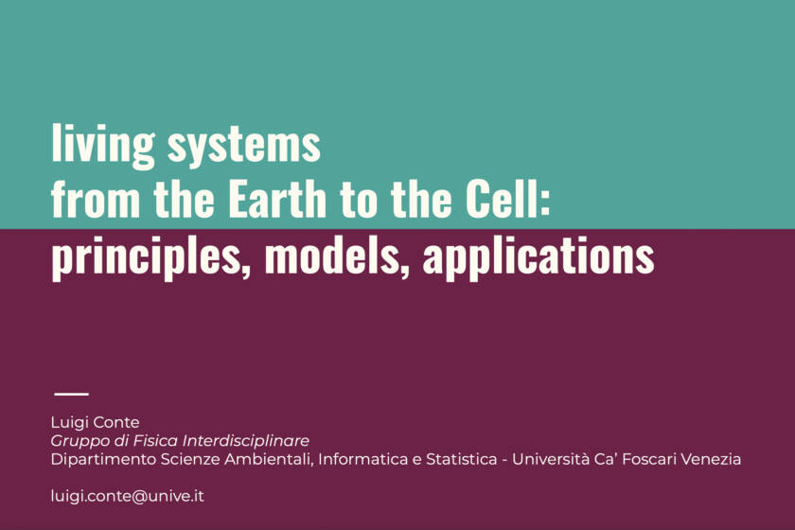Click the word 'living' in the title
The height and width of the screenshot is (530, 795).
click(102, 145)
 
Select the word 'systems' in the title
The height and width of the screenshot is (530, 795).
click(244, 145)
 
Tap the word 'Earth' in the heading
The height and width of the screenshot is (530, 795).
click(277, 199)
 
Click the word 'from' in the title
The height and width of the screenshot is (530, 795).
click(96, 199)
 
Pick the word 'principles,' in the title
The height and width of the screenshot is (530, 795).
click(151, 256)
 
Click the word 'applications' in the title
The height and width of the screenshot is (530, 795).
click(539, 256)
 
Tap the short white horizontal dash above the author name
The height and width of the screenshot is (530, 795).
click(71, 394)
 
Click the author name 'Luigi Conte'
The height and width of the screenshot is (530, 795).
click(95, 422)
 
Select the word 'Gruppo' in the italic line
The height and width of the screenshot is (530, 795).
click(80, 441)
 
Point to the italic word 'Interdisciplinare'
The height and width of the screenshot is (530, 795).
click(246, 440)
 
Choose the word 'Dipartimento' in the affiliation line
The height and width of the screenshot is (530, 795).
click(103, 460)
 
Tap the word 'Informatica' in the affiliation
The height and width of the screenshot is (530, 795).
click(362, 459)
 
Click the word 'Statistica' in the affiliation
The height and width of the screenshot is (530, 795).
click(462, 459)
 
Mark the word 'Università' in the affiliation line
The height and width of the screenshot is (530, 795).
click(550, 459)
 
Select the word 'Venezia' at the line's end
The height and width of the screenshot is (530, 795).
click(711, 459)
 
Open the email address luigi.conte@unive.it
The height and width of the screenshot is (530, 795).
click(127, 496)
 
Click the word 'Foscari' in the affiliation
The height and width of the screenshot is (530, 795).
click(648, 459)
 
